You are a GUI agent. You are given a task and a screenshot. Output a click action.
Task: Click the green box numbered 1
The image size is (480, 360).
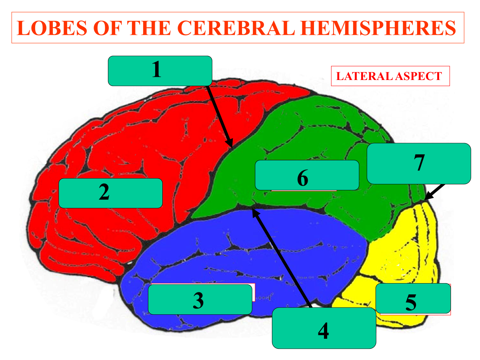coord(160,71)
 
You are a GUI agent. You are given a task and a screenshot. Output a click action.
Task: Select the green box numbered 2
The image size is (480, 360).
coord(110,193)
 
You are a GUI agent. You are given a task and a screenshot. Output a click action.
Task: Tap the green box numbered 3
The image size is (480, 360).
coord(200,299)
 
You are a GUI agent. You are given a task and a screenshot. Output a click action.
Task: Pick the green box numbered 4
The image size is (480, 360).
coord(324,328)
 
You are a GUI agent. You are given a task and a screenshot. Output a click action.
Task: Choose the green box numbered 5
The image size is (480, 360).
coord(413,298)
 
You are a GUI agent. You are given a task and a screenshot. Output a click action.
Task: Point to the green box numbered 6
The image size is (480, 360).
coord(307,175)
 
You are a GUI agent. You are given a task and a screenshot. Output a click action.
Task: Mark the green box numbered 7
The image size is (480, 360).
coord(418,164)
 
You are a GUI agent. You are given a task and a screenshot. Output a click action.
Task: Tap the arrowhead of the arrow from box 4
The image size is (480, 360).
coord(254,212)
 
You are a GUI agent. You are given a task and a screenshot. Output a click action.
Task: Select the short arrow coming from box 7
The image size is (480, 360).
coord(435,192)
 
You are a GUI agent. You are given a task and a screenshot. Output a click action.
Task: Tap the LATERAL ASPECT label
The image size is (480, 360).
coord(390,76)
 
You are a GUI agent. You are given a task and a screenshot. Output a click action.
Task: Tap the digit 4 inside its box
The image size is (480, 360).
coord(324,331)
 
